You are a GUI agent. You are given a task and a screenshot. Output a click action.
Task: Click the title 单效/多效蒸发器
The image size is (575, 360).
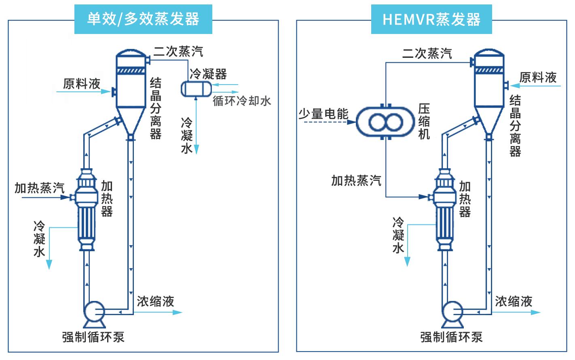coord(143,19)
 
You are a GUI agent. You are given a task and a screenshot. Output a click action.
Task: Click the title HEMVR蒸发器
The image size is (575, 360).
coord(431,19)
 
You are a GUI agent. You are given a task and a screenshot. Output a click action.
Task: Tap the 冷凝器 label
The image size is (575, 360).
coord(208,74)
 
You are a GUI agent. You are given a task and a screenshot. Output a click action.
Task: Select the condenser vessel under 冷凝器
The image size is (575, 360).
coord(196,89)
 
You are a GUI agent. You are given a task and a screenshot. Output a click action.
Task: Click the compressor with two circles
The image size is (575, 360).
coord(386,122)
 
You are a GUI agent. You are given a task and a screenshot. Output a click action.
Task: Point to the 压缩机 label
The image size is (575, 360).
coord(424,121)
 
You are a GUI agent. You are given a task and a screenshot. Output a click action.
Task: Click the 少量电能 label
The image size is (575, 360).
coord(323,114)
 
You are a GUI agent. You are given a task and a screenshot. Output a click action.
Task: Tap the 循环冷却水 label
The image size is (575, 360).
coord(242,101)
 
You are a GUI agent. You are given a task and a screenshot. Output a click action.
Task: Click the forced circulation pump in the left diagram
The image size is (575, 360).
coord(95,312)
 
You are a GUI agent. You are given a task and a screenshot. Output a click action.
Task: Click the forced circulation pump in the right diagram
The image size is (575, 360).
coord(452,312)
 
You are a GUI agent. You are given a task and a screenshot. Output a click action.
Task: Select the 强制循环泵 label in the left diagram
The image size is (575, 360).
coord(93,337)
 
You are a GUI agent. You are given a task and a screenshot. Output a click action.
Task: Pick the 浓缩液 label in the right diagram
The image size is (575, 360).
coord(514,301)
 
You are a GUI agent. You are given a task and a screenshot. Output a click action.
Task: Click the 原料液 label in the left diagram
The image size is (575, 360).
coord(82,84)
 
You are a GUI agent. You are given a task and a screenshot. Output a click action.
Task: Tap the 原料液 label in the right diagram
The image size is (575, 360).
coord(538,77)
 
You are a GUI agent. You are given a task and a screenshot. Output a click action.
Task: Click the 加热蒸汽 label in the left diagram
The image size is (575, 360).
coord(40,188)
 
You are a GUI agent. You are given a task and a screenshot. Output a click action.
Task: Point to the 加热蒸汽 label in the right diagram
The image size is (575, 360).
coord(356,180)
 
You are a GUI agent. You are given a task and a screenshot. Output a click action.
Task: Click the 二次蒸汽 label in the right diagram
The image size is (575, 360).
coord(427,53)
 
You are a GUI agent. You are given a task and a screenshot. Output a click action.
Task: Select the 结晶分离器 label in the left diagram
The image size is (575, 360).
coord(156,108)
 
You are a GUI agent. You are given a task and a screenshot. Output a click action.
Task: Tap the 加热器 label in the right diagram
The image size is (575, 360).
coord(465,199)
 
